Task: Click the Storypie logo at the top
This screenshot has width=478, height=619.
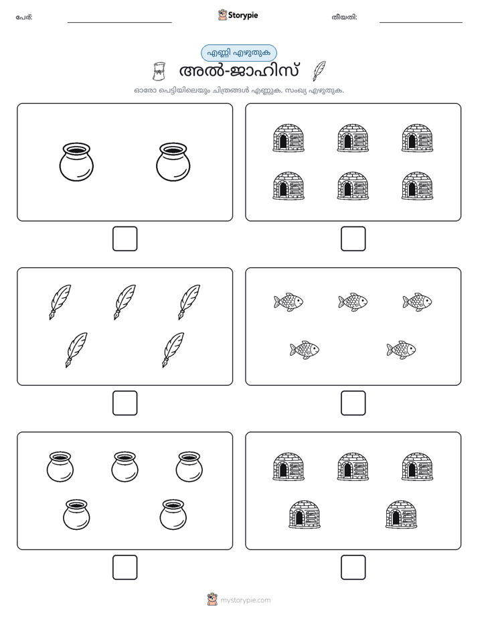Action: (238, 15)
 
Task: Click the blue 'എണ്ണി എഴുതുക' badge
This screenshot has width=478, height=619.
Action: (238, 52)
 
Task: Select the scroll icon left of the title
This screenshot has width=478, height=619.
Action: (159, 72)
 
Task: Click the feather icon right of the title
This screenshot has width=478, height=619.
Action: (319, 71)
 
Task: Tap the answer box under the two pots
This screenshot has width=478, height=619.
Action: (125, 239)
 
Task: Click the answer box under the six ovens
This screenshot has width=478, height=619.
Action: (353, 239)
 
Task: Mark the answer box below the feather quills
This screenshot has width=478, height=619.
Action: (125, 403)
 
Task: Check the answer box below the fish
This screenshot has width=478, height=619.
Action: (353, 403)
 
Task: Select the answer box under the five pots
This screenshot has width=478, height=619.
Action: (125, 567)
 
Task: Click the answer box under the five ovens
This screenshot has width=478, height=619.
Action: (353, 567)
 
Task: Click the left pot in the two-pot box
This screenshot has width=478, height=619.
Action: (76, 162)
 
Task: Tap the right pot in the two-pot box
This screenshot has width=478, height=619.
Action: (173, 162)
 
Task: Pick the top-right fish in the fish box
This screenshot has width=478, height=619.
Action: (417, 302)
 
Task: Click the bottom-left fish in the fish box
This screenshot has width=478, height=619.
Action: (305, 350)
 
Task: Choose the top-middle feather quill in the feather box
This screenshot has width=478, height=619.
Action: (125, 302)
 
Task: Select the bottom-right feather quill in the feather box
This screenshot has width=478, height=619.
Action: (173, 350)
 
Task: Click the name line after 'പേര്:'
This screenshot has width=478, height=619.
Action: (119, 23)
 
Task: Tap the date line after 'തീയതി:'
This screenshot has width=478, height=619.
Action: (421, 23)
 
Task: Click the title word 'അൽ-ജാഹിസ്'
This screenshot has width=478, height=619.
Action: (239, 71)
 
